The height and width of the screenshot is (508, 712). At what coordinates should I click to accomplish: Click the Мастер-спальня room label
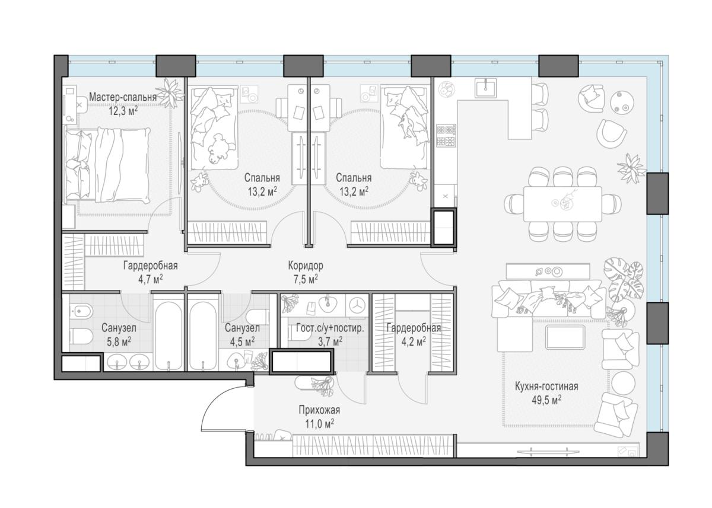[123, 97]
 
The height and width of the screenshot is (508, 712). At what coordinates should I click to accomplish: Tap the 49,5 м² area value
[546, 400]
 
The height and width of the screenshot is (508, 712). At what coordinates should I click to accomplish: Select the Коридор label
[306, 266]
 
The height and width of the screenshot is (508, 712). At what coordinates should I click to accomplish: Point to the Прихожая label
[319, 410]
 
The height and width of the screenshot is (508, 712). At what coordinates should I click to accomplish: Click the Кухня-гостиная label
[546, 386]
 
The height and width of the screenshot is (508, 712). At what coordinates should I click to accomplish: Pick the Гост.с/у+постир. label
[330, 328]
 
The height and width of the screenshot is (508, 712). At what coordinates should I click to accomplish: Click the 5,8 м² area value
[119, 341]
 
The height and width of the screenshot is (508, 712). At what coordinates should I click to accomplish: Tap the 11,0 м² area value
[319, 424]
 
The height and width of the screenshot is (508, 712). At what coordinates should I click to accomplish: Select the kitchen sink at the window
[485, 88]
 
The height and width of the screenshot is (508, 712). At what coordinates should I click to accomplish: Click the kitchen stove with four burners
[446, 135]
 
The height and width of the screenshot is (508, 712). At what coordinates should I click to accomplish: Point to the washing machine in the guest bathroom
[357, 306]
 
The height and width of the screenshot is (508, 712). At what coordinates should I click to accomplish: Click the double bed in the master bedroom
[107, 165]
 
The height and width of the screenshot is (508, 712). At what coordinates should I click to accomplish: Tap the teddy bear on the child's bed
[220, 148]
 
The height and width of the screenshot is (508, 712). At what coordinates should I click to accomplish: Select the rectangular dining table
[562, 204]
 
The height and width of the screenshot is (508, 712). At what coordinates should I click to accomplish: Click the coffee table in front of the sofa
[564, 337]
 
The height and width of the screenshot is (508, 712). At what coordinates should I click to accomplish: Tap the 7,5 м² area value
[306, 279]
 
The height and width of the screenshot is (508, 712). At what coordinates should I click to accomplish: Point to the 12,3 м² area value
[123, 111]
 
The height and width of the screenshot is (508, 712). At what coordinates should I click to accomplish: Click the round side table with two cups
[623, 103]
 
